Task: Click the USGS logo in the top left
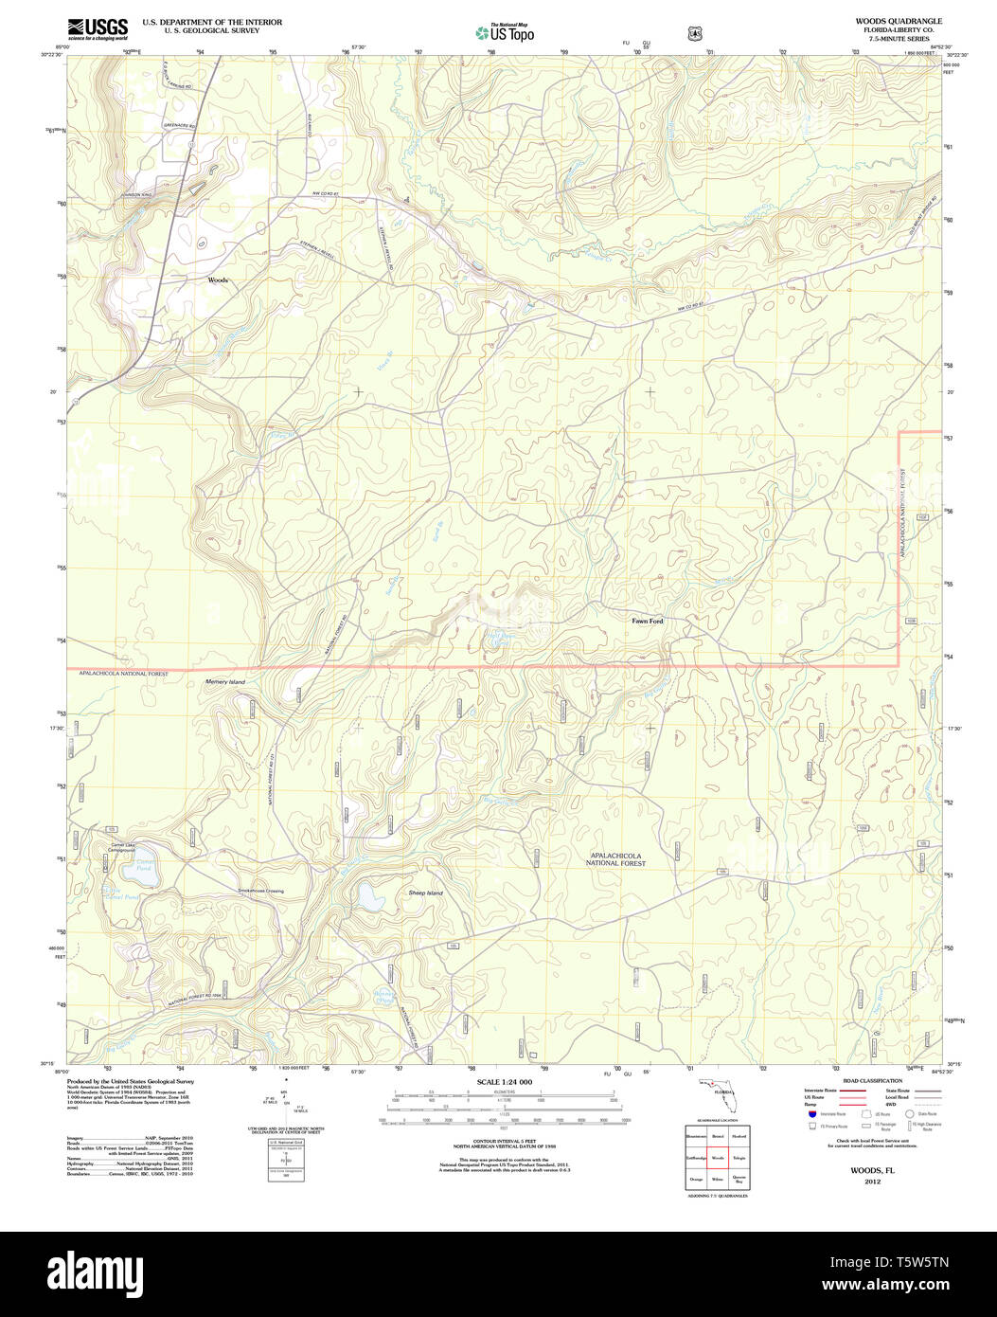[98, 29]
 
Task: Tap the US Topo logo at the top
[505, 32]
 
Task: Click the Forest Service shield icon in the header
[695, 33]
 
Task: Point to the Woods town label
[218, 280]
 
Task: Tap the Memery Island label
[225, 682]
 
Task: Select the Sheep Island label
[425, 893]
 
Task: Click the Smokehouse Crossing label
[260, 891]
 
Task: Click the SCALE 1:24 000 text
[505, 1082]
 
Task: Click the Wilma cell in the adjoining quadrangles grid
[718, 1179]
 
